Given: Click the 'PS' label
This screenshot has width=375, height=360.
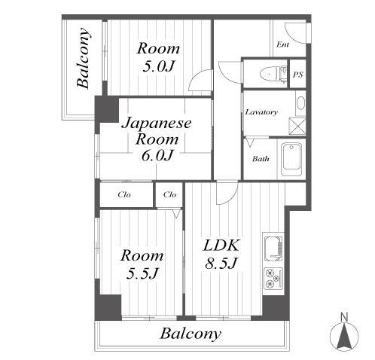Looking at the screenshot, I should (297, 75).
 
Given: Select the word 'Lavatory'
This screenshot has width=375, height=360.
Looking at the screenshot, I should (261, 112).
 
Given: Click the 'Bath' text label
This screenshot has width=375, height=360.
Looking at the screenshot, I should (261, 159).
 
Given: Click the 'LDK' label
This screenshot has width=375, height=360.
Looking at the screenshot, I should (221, 245).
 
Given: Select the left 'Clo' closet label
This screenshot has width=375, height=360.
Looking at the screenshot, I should (125, 195).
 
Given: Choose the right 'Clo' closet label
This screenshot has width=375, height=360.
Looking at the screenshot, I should (169, 195).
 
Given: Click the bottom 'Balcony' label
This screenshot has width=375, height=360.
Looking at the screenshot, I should (191, 334).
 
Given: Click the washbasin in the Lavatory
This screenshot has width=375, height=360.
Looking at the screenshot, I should (300, 102).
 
